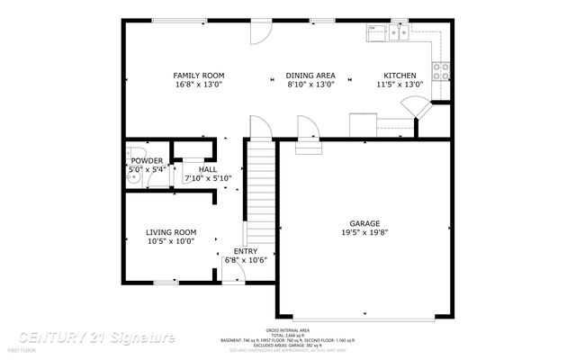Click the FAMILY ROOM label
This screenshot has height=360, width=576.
(x=199, y=76)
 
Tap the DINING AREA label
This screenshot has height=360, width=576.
(x=310, y=76)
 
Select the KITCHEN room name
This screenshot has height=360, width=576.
(x=400, y=76)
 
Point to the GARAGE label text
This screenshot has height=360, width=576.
(x=364, y=223)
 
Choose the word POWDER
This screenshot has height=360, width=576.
(x=148, y=161)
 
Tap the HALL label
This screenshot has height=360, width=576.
(x=208, y=169)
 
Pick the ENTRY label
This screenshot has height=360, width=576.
(x=246, y=251)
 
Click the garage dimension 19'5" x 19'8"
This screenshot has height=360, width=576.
(x=364, y=232)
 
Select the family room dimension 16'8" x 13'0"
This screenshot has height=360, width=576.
(x=199, y=85)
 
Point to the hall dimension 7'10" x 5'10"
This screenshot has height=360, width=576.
(x=208, y=178)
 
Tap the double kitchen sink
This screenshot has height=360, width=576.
(x=395, y=32)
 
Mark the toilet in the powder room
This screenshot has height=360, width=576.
(x=134, y=153)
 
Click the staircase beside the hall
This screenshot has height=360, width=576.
(x=259, y=189)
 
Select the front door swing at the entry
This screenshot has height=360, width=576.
(x=231, y=269)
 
